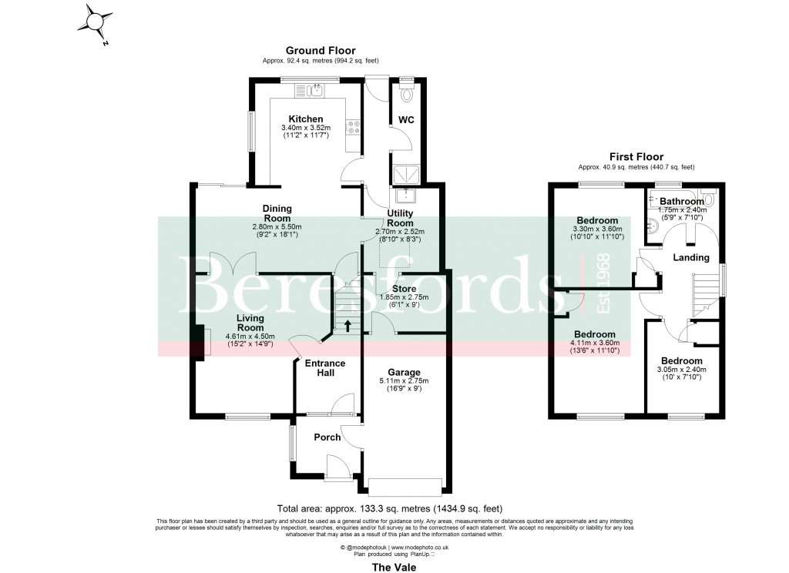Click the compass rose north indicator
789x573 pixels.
click(x=99, y=21)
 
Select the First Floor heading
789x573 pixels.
click(x=636, y=156)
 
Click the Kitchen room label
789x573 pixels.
click(x=305, y=119)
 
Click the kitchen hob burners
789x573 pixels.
click(x=355, y=129)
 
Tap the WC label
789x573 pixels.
click(x=406, y=120)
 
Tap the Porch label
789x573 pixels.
click(x=327, y=437)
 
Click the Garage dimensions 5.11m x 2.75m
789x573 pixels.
click(x=404, y=380)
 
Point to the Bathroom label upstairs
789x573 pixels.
click(x=681, y=202)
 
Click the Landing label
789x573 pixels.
click(x=690, y=257)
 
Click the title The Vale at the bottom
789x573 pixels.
click(x=394, y=566)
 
